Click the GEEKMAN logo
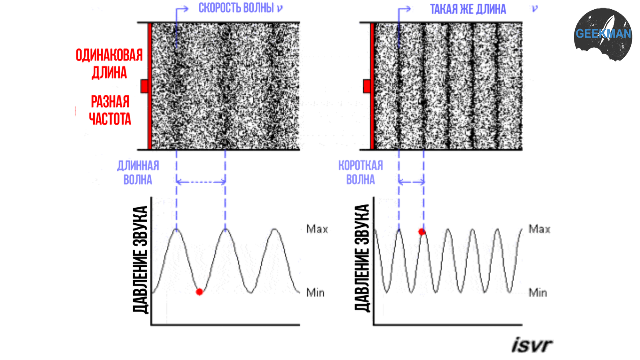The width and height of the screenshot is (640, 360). [603, 34]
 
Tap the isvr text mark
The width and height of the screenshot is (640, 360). [532, 344]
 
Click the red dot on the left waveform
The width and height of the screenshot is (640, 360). [199, 292]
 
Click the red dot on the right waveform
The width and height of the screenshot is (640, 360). [422, 232]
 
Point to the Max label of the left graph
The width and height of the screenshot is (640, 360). [317, 229]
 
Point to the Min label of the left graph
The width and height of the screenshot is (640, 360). [315, 293]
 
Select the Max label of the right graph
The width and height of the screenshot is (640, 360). [539, 229]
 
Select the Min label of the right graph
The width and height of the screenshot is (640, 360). [538, 293]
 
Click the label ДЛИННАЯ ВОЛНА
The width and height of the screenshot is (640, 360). [138, 173]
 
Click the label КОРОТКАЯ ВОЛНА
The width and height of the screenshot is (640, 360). [360, 173]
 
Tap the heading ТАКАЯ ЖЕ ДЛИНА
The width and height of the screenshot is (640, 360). [468, 9]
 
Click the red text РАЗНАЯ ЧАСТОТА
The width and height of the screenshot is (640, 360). [110, 110]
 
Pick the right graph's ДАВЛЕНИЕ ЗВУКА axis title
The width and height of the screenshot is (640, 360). [362, 258]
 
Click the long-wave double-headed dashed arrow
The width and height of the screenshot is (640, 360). [201, 182]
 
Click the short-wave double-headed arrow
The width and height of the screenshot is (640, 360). [411, 182]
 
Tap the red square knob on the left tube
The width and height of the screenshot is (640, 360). [144, 86]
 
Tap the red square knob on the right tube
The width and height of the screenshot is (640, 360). [366, 86]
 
